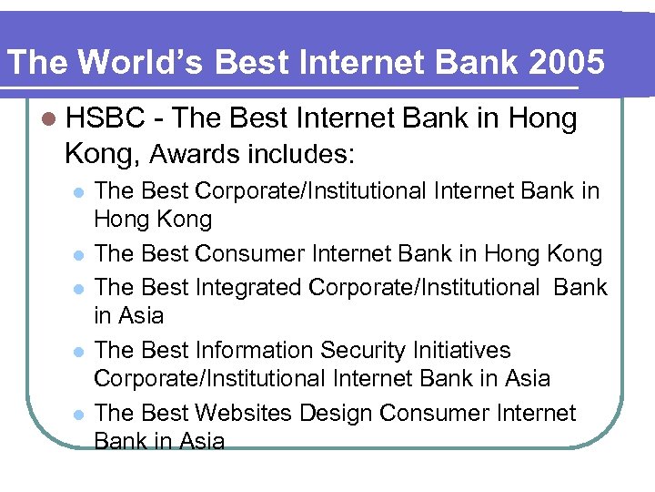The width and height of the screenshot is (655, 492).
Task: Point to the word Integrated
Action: [x=247, y=287]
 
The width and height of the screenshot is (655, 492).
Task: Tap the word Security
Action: [x=368, y=351]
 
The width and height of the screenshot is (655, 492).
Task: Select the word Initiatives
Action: [x=465, y=351]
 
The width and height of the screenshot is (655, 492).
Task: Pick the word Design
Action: [x=344, y=414]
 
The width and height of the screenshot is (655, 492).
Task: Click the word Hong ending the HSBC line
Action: [x=544, y=118]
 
